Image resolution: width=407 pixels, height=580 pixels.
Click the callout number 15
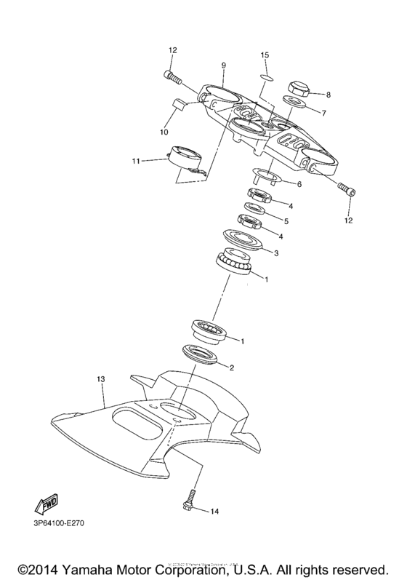pyautogui.click(x=265, y=55)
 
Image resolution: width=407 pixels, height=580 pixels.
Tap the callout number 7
pyautogui.click(x=325, y=113)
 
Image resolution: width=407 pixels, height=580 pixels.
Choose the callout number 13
pyautogui.click(x=101, y=379)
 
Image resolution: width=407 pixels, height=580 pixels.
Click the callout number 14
pyautogui.click(x=214, y=513)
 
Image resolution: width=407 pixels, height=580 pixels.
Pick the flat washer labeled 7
pyautogui.click(x=294, y=106)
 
